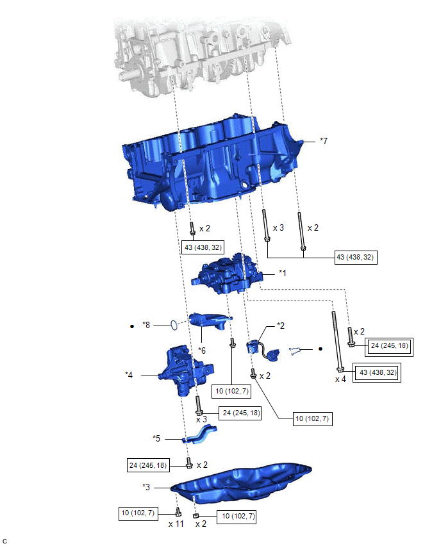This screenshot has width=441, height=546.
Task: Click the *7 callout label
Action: (324, 140)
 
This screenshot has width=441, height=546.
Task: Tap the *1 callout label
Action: (282, 272)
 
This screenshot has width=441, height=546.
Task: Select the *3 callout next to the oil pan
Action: (147, 488)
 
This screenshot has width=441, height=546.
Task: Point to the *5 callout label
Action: (156, 438)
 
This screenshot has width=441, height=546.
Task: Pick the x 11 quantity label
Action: (176, 524)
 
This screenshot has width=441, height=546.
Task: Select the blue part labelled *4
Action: (183, 372)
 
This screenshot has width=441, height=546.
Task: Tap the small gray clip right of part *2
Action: (294, 350)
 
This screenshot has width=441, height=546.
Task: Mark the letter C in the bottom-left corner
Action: (4, 542)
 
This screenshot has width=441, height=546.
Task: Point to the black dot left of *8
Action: (131, 326)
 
